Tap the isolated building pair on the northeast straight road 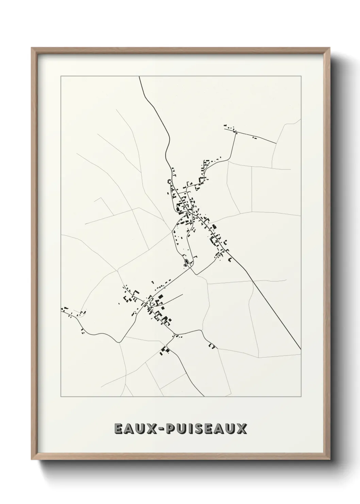tap(254, 138)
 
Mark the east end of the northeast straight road tap(276, 143)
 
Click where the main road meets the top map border tap(139, 77)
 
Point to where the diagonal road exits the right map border tap(301, 349)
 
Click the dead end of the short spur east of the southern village tap(183, 294)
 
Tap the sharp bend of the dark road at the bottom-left tap(118, 342)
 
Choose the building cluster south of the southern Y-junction tap(165, 350)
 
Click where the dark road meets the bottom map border tap(203, 396)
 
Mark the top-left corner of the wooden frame tap(32, 48)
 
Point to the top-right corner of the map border tap(301, 77)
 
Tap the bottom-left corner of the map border tap(61, 397)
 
